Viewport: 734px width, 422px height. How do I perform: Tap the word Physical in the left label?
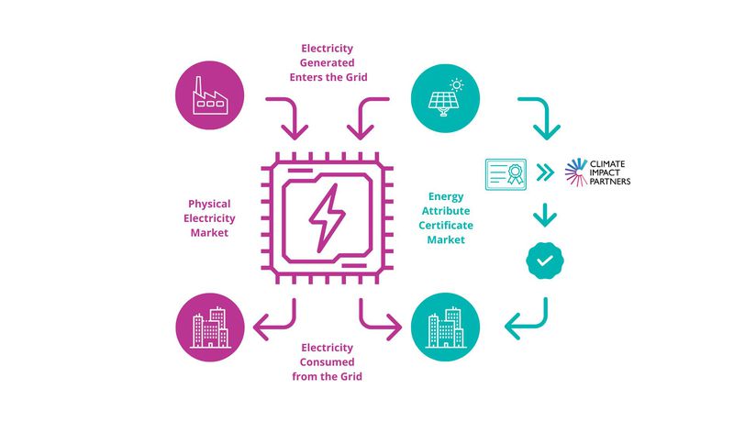point(209,204)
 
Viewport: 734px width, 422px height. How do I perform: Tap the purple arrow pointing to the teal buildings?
point(377,318)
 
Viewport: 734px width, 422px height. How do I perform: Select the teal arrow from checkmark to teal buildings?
point(531,317)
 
